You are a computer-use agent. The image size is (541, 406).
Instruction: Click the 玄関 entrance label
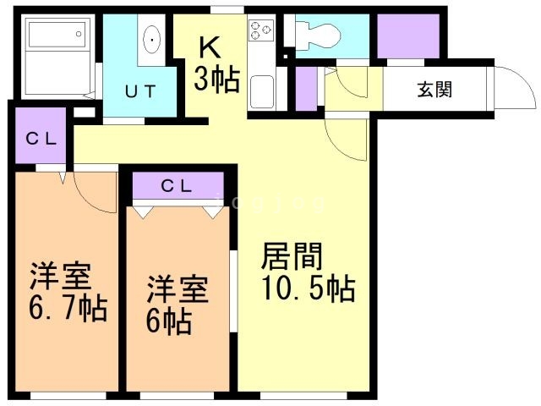coord(434,89)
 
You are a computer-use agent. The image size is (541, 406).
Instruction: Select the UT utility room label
coord(140,91)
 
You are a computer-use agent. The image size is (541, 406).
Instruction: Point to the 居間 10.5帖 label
coord(306,272)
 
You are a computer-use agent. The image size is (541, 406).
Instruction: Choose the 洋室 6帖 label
coord(178,304)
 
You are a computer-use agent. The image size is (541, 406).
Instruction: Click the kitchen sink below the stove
coord(261,87)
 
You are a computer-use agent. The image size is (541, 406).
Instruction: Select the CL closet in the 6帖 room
coord(178,186)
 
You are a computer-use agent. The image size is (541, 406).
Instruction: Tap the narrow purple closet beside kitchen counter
coord(306,87)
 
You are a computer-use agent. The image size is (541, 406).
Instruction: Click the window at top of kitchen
coord(222,10)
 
